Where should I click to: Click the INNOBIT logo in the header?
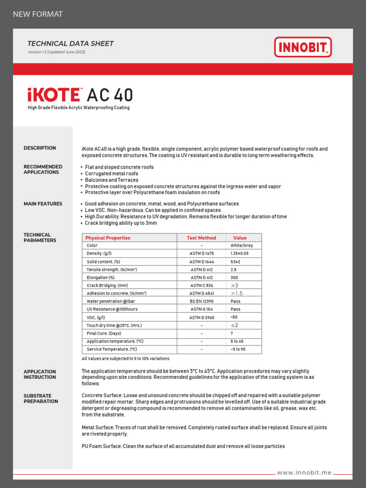tap(303, 47)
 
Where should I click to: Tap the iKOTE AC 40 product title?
tap(80, 95)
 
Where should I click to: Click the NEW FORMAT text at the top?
tap(38, 14)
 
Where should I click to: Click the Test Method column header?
tap(202, 238)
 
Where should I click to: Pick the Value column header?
tap(240, 238)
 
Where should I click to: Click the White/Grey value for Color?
tap(242, 245)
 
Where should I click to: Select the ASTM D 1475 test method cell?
tap(202, 254)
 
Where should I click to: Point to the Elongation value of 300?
tap(234, 277)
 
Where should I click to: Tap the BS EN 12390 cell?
tap(202, 301)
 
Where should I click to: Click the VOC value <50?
tap(234, 317)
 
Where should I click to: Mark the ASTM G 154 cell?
tap(202, 309)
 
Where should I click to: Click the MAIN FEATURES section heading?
tap(43, 204)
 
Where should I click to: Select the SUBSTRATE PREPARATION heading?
tap(41, 398)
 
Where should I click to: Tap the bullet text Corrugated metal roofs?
tap(112, 174)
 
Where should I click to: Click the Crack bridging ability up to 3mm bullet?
tap(121, 223)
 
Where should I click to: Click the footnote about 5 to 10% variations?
tap(125, 358)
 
